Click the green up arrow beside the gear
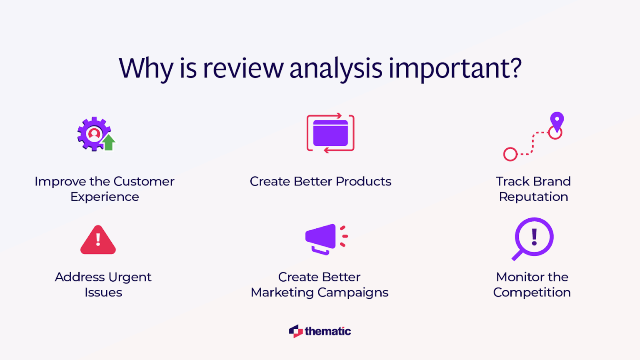(x=109, y=142)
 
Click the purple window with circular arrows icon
(x=330, y=133)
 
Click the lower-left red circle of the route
(x=510, y=154)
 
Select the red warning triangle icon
(x=98, y=240)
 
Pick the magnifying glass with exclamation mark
(x=533, y=238)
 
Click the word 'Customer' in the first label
(x=144, y=182)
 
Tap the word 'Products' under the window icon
(x=363, y=182)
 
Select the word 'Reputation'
(x=533, y=197)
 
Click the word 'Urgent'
(x=129, y=277)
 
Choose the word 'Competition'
(x=532, y=292)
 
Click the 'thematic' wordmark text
(x=327, y=331)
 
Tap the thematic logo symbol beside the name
(x=296, y=331)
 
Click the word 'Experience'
(x=105, y=197)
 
